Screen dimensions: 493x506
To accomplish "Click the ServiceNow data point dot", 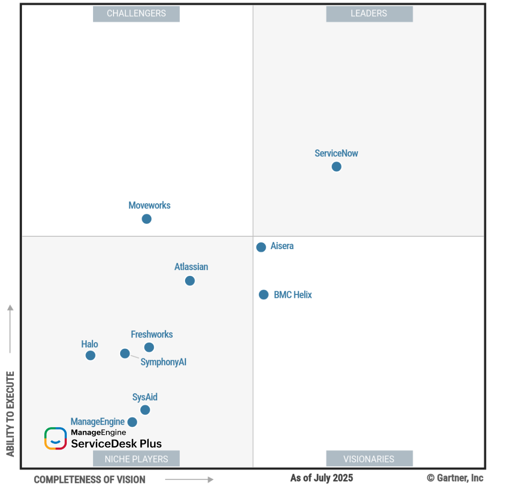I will pyautogui.click(x=336, y=167).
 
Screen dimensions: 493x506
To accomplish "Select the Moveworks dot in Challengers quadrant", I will pyautogui.click(x=146, y=219).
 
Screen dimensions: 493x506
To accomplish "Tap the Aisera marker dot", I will pyautogui.click(x=261, y=247).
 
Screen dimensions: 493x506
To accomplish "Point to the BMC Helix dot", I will pyautogui.click(x=263, y=294).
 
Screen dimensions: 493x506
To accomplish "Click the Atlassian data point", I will pyautogui.click(x=190, y=281).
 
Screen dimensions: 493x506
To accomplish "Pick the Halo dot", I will pyautogui.click(x=90, y=355).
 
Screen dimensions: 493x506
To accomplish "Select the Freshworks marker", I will pyautogui.click(x=149, y=347).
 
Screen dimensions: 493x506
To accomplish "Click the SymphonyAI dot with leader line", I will pyautogui.click(x=124, y=353).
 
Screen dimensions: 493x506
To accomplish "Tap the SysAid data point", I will pyautogui.click(x=145, y=409).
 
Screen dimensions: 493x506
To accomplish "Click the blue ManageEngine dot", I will pyautogui.click(x=132, y=422).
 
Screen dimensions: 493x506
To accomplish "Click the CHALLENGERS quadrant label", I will pyautogui.click(x=136, y=13).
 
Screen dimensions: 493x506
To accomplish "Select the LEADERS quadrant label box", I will pyautogui.click(x=369, y=13).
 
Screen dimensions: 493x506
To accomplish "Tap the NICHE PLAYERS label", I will pyautogui.click(x=136, y=459).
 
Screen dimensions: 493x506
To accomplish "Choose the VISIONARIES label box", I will pyautogui.click(x=369, y=459).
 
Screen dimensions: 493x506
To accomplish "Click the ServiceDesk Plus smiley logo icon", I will pyautogui.click(x=55, y=438).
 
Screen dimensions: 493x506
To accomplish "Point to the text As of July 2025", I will pyautogui.click(x=321, y=478).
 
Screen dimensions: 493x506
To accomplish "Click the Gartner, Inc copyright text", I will pyautogui.click(x=455, y=478).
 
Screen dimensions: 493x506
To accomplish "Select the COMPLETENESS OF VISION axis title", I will pyautogui.click(x=90, y=479).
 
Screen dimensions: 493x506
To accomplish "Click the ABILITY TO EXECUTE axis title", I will pyautogui.click(x=10, y=413).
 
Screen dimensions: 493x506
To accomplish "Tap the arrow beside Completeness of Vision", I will pyautogui.click(x=189, y=479).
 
